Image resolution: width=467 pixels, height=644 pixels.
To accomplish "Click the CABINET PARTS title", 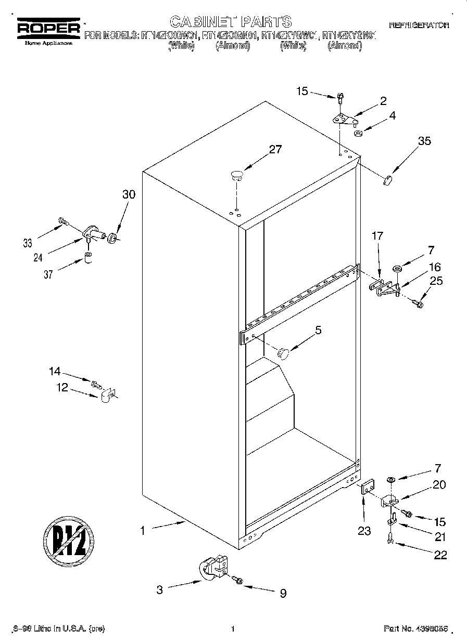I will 231,21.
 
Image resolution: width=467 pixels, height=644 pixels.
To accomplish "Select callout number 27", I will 275,150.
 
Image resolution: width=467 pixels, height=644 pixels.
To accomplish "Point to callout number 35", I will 424,141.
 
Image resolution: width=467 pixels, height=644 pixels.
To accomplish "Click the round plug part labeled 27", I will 237,175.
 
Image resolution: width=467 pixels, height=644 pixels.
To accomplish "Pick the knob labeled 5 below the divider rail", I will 283,353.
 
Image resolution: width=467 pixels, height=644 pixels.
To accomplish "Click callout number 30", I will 129,194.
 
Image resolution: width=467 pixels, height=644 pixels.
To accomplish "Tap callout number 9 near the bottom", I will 283,593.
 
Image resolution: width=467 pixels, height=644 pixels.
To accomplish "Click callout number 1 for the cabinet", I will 142,531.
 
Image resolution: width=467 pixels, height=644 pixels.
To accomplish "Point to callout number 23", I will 364,531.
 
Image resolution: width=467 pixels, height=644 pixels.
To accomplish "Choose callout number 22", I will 440,555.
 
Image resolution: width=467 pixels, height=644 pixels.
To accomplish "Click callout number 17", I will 377,236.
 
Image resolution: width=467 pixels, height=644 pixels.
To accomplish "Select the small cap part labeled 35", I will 386,180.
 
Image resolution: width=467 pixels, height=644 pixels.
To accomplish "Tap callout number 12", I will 62,387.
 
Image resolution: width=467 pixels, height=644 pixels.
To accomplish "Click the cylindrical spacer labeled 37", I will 89,257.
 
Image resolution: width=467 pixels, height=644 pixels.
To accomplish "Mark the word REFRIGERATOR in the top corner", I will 419,25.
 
